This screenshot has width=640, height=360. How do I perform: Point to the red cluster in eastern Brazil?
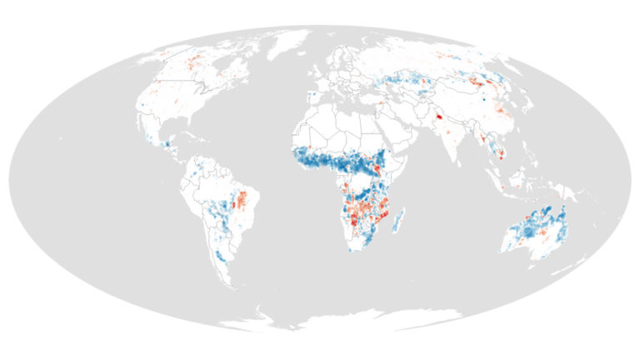[243, 200]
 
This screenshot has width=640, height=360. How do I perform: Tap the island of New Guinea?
[567, 192]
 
